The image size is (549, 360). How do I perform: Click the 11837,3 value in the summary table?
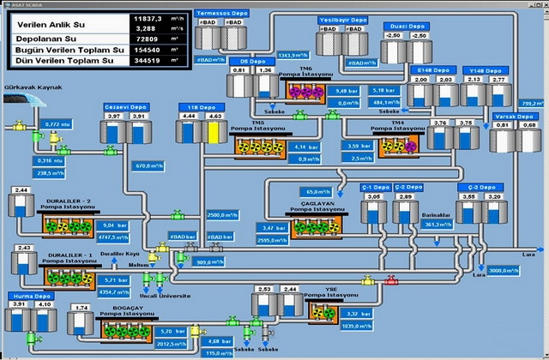(148, 17)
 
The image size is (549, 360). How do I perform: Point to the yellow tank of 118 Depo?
(214, 132)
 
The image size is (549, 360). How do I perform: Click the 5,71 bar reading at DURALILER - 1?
(114, 279)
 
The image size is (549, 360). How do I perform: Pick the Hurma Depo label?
(26, 294)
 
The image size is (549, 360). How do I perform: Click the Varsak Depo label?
(515, 115)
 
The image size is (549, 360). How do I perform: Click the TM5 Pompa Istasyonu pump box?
(258, 146)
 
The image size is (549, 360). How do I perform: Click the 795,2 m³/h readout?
(533, 102)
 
